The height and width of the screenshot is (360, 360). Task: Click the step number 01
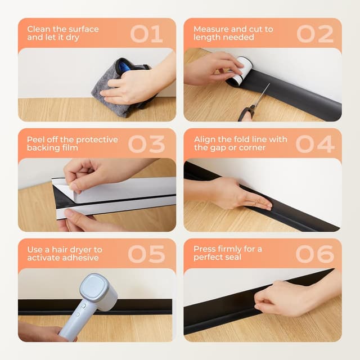click(147, 34)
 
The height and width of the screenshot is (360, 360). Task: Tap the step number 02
click(315, 34)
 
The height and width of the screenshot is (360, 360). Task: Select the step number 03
click(147, 144)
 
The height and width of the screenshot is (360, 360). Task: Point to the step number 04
click(315, 144)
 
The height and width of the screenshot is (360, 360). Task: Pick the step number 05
click(147, 254)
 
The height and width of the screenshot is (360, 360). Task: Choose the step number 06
click(315, 254)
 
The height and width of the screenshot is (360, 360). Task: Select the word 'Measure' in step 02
click(211, 29)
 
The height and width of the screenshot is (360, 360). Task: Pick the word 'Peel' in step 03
click(36, 139)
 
